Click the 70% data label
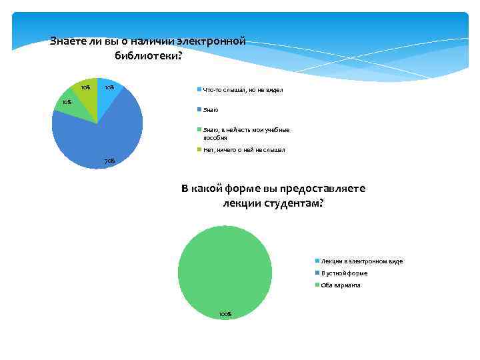(x=110, y=161)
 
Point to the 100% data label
(x=225, y=314)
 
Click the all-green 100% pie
(x=225, y=273)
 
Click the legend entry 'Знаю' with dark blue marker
(x=211, y=109)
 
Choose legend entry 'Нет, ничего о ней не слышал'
(x=243, y=150)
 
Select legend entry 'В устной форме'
(x=343, y=273)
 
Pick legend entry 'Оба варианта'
(x=340, y=285)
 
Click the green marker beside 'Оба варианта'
(x=317, y=285)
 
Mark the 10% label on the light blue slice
(x=109, y=87)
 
